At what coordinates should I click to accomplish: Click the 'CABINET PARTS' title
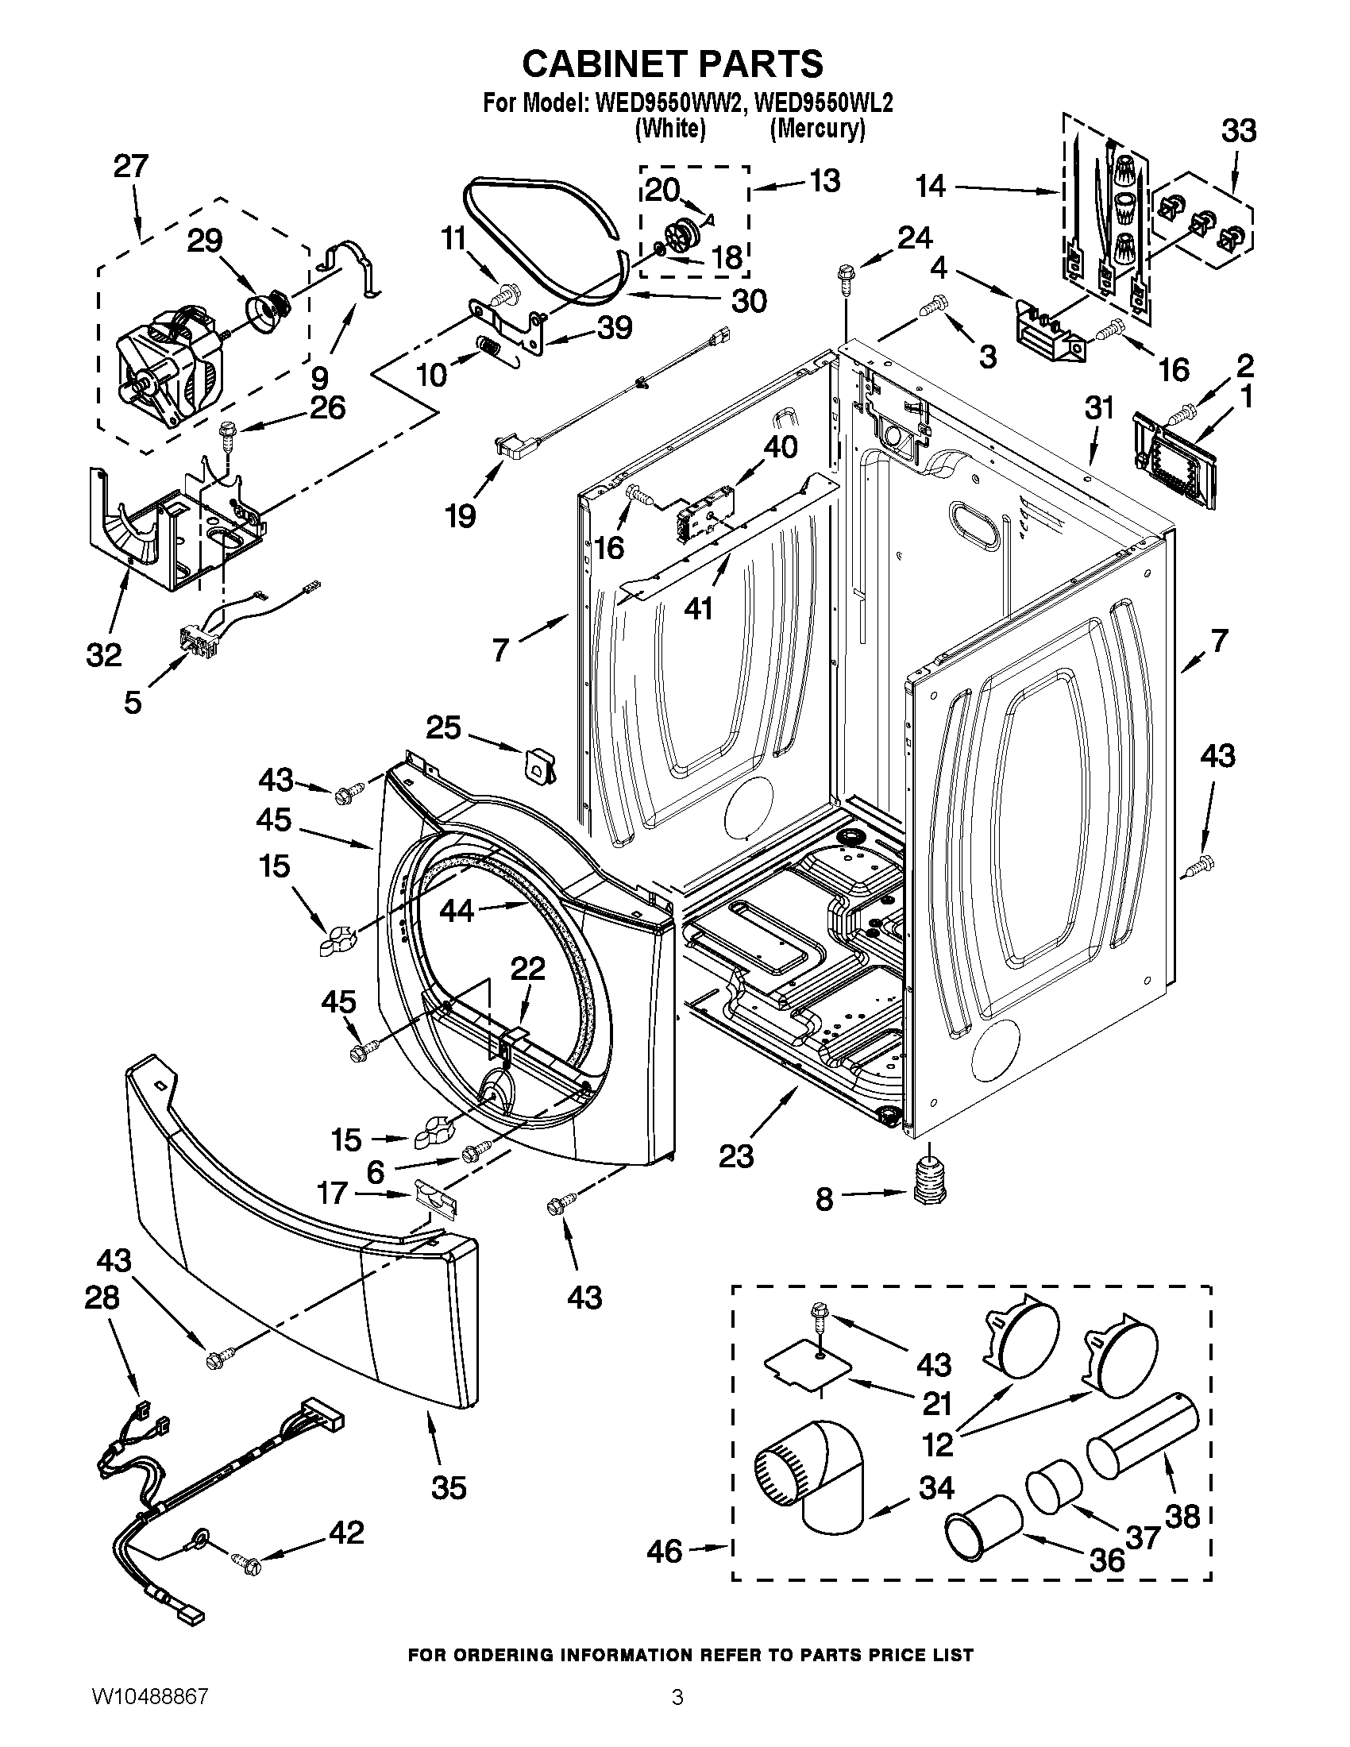673,64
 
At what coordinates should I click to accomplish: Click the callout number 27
130,167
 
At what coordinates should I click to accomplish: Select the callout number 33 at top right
1239,130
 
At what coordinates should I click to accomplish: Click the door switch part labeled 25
541,763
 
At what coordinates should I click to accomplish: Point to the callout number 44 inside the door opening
457,911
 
